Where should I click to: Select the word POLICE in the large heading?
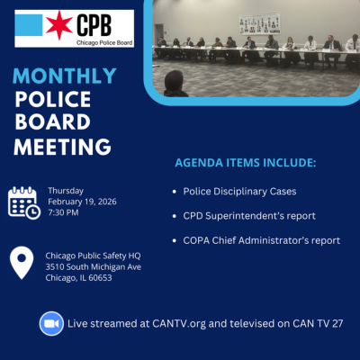point(58,99)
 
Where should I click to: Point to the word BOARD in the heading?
point(56,122)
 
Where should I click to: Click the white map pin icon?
point(21,264)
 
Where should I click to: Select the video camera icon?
point(50,323)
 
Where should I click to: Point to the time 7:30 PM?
point(65,212)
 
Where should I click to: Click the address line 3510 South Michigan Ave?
point(94,266)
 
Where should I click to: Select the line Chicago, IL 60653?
point(79,278)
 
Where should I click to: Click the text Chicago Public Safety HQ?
point(92,255)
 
